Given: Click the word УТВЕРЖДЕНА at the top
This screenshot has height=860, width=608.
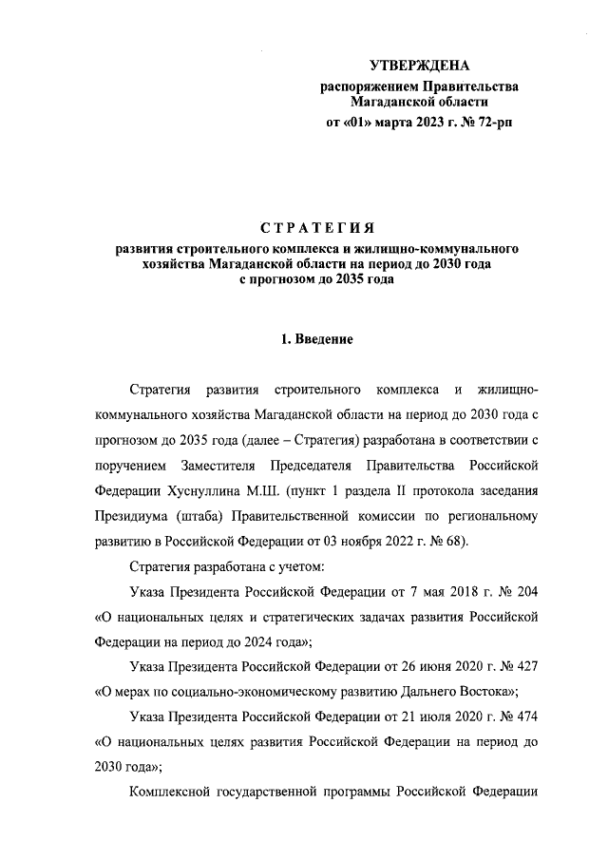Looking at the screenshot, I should [x=419, y=66].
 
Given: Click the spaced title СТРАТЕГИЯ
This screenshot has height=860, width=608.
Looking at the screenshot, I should [x=317, y=228].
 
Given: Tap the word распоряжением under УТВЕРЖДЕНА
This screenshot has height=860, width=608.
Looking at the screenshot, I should [x=370, y=86].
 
